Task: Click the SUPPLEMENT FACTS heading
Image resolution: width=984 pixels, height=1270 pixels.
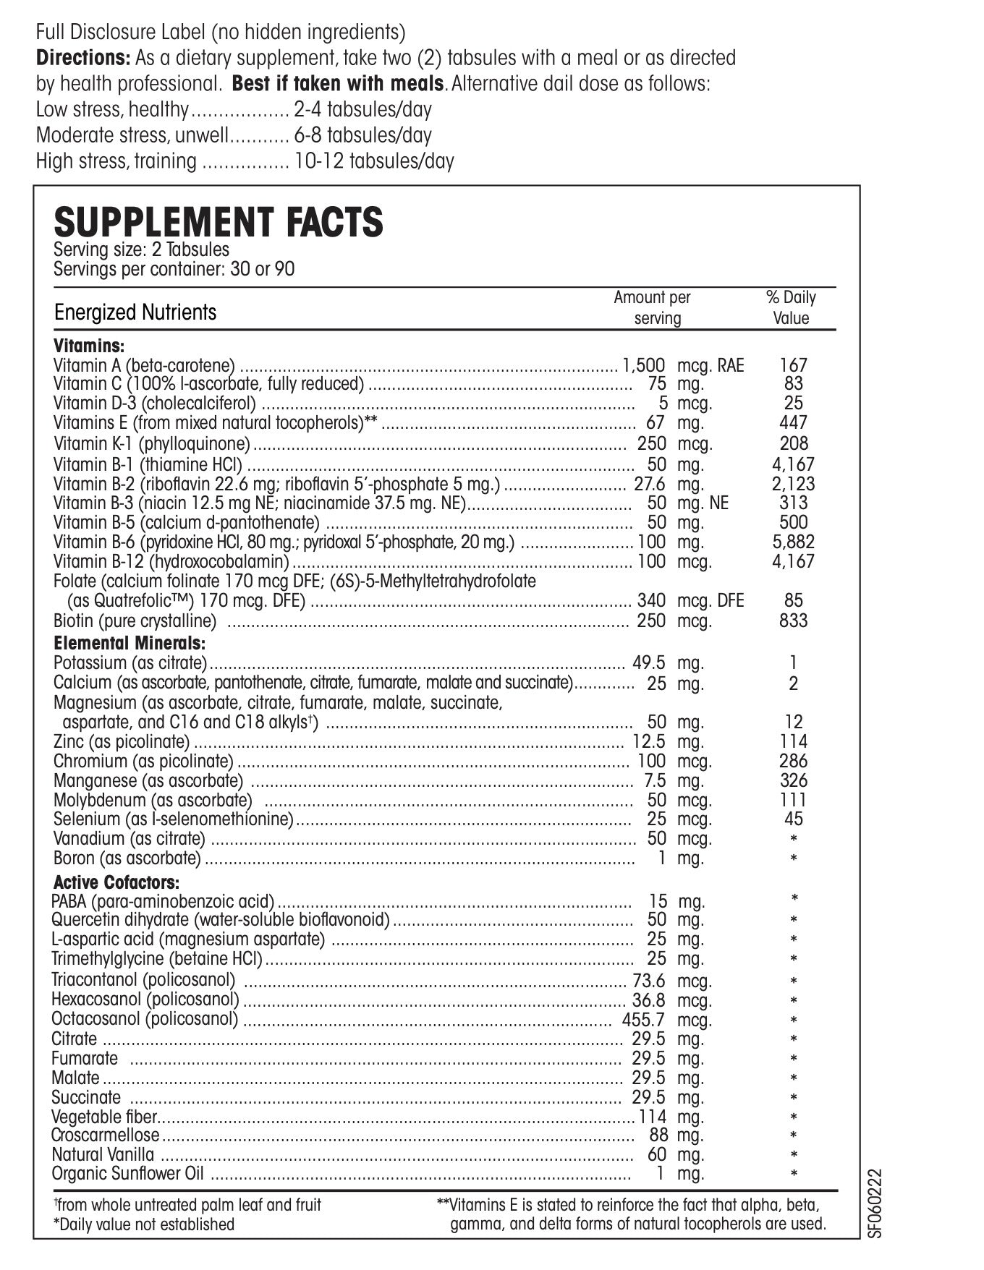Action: [x=219, y=222]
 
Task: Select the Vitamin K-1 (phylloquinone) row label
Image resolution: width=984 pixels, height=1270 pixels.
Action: [x=152, y=443]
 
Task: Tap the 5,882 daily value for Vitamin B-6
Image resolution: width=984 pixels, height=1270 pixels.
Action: [x=793, y=542]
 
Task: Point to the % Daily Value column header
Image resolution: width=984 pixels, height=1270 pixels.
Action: [x=791, y=307]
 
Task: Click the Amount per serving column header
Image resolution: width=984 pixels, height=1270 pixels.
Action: [x=653, y=307]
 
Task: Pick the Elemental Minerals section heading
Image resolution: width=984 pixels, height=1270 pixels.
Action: [x=130, y=643]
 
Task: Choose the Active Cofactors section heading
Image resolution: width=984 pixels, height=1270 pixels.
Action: [x=116, y=882]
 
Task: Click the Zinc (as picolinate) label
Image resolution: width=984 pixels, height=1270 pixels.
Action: [x=122, y=741]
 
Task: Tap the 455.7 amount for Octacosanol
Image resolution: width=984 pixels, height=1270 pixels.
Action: [x=642, y=1020]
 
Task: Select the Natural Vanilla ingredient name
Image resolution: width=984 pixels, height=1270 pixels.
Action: [x=103, y=1154]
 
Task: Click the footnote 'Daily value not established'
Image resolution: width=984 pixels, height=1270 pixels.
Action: [x=145, y=1224]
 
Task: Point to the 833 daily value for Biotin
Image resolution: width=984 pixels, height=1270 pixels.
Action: [x=794, y=620]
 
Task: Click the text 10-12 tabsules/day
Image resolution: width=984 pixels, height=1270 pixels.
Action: [x=374, y=161]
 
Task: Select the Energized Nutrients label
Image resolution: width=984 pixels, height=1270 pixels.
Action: [x=135, y=312]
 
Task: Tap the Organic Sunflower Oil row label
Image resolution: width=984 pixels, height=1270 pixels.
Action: [x=128, y=1174]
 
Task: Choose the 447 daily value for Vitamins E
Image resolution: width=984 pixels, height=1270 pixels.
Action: [x=794, y=422]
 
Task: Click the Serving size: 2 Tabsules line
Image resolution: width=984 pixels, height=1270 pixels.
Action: [x=142, y=250]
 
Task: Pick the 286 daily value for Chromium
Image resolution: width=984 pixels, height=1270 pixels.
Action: [x=794, y=761]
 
